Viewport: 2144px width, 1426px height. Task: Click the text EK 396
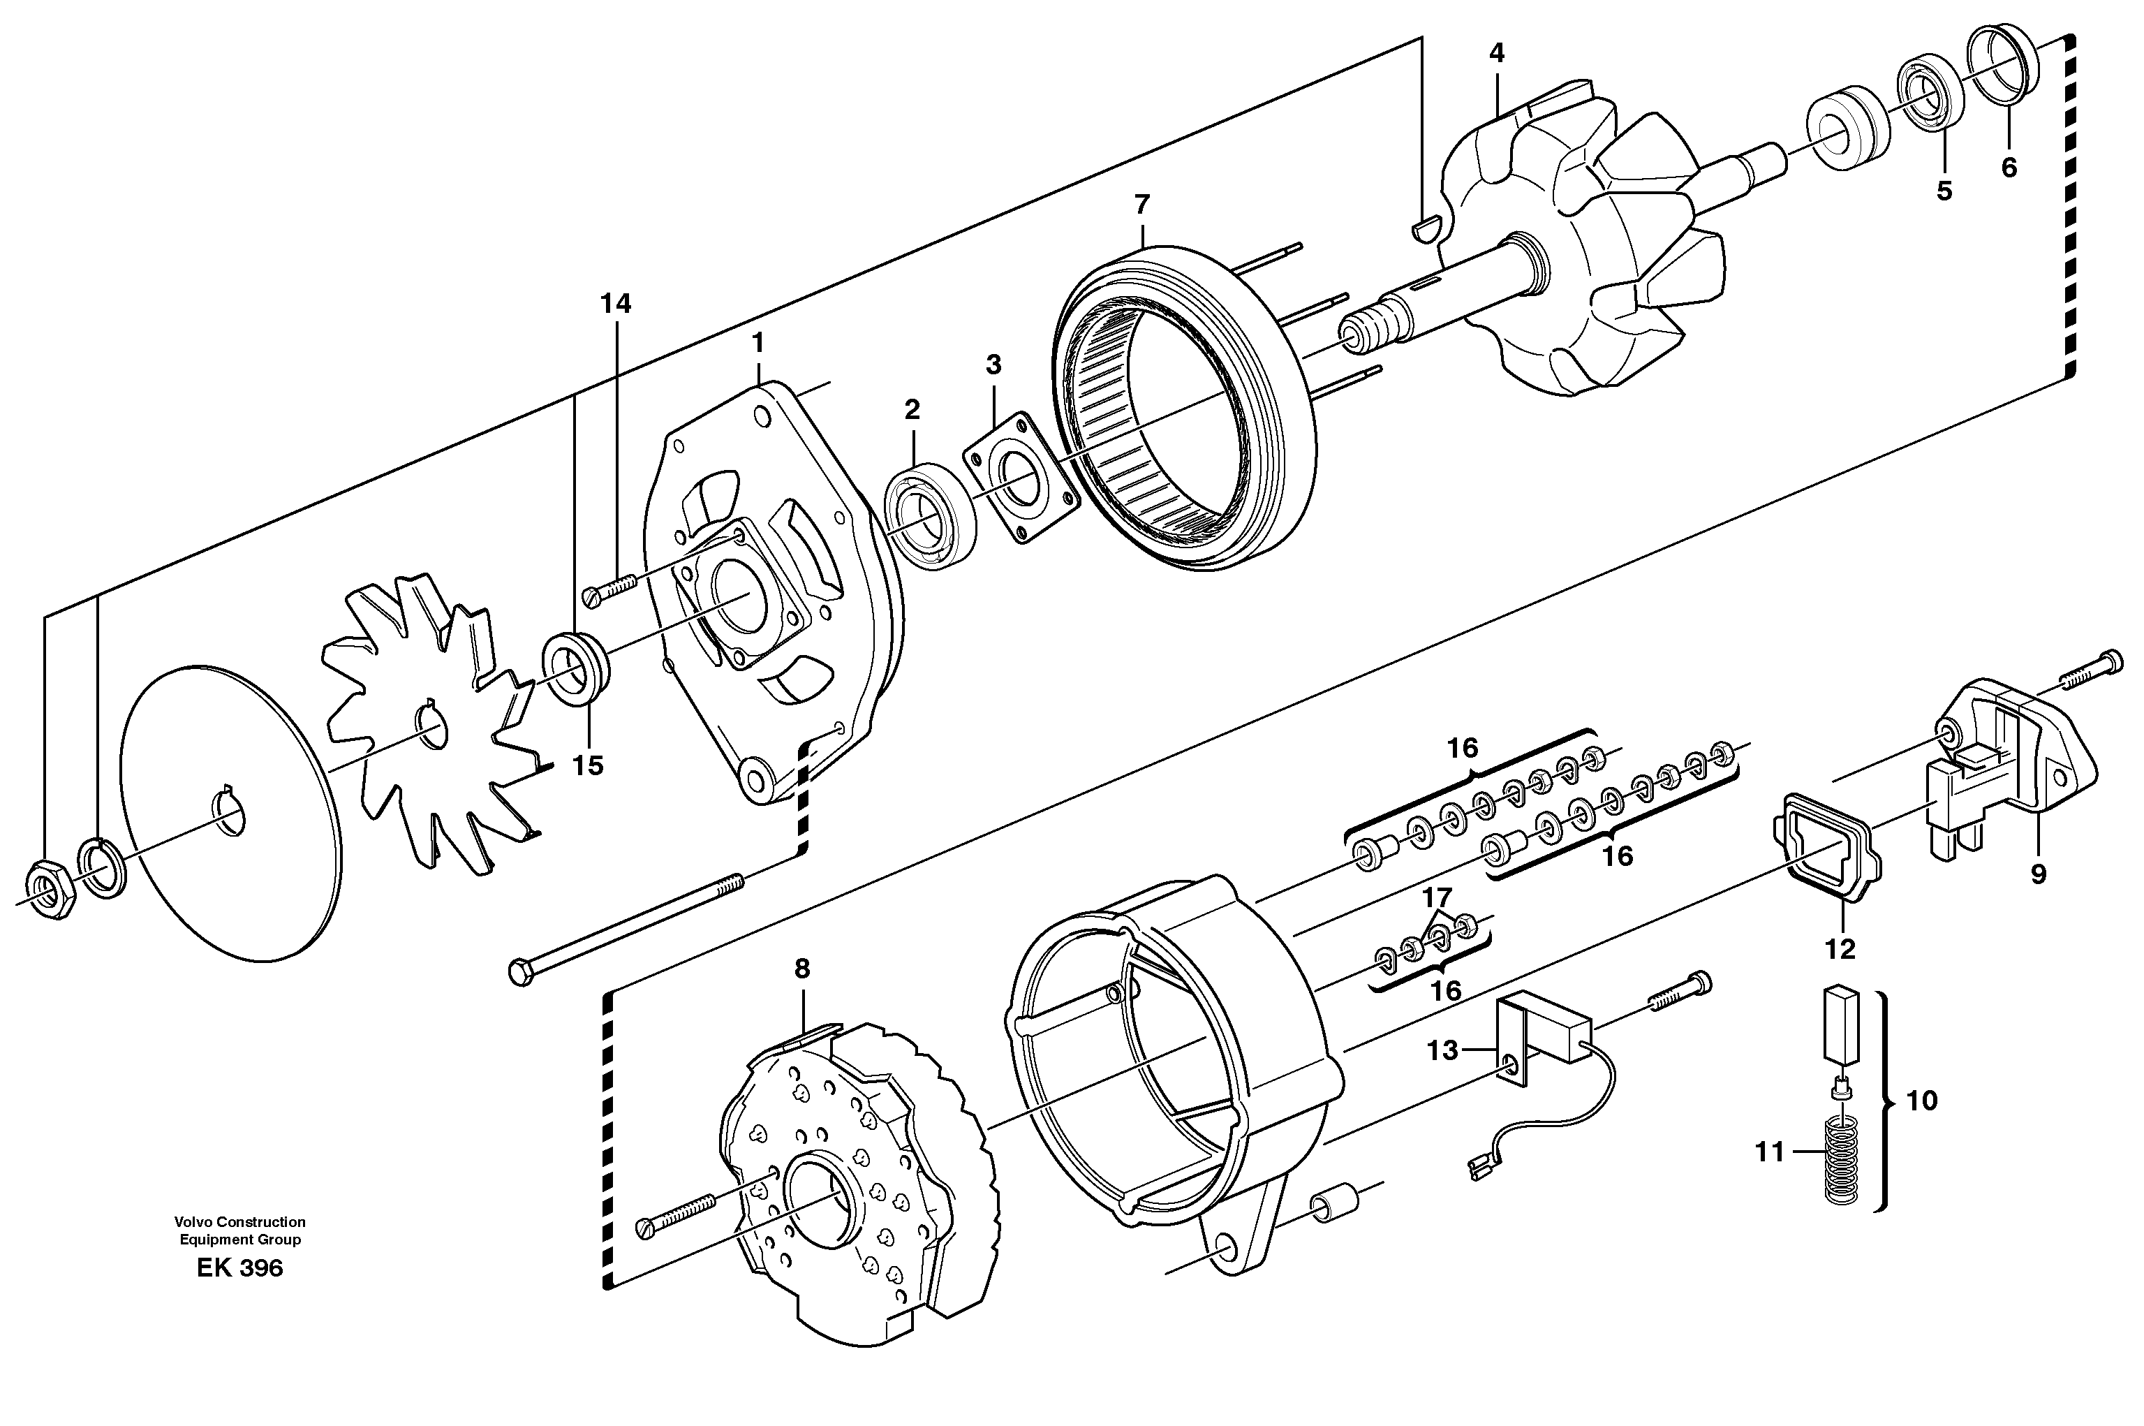[x=239, y=1267]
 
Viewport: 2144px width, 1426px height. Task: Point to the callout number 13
[x=1442, y=1050]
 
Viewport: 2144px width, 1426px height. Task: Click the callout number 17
[x=1437, y=897]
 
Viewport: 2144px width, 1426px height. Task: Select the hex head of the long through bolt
[x=519, y=973]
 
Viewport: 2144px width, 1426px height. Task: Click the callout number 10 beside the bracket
[x=1921, y=1101]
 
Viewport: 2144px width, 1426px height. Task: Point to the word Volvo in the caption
[x=193, y=1222]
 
